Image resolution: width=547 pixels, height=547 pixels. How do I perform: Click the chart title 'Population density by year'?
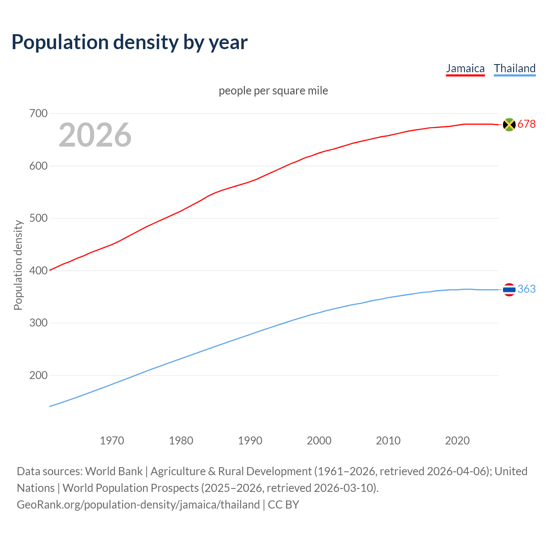[x=129, y=42]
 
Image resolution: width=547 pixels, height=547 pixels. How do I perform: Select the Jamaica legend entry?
[x=465, y=68]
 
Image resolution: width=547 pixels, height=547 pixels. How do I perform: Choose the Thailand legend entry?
[x=515, y=68]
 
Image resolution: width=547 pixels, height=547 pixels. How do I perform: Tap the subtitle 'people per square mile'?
[x=273, y=91]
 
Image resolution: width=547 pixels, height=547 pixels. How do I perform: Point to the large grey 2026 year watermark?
[x=95, y=135]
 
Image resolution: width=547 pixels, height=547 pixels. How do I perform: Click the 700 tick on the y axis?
[x=38, y=114]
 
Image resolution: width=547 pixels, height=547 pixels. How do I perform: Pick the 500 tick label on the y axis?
[x=38, y=218]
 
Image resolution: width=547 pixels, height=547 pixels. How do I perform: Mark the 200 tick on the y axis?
[x=38, y=376]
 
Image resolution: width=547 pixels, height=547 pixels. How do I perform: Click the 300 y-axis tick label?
[x=38, y=323]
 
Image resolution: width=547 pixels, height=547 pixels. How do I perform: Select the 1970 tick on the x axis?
[x=112, y=441]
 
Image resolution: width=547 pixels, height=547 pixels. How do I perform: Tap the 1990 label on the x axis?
[x=250, y=441]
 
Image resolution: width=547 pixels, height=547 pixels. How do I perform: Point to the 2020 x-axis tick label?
[x=457, y=441]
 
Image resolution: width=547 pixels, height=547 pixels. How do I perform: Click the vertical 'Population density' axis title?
[x=18, y=265]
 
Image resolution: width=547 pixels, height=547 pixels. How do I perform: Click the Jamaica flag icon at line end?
[x=509, y=124]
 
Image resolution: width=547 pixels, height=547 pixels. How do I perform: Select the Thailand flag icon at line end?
[x=509, y=290]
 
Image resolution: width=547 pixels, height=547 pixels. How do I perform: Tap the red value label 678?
[x=526, y=124]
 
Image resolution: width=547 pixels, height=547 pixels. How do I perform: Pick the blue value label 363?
[x=526, y=289]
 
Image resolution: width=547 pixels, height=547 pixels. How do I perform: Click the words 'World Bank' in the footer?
[x=114, y=471]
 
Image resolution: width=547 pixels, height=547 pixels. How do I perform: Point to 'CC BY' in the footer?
[x=283, y=505]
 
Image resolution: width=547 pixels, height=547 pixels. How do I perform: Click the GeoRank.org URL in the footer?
[x=138, y=505]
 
